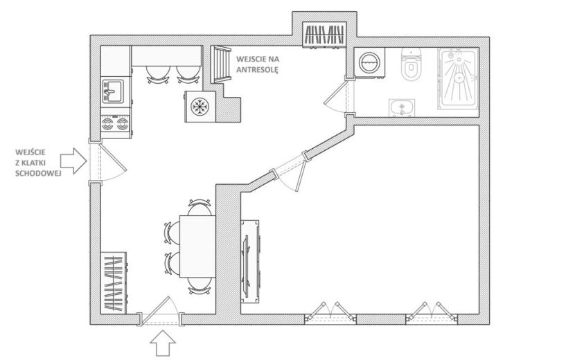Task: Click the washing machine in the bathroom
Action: point(370,63)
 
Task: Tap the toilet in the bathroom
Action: point(410,64)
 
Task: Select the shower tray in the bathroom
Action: point(458,78)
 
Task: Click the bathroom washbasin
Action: point(402,108)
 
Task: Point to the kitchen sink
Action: point(113,91)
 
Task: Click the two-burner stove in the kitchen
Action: point(115,123)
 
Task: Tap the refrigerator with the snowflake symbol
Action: point(200,107)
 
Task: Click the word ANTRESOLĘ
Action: point(257,69)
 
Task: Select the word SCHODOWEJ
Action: point(38,173)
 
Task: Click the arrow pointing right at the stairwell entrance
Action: point(73,161)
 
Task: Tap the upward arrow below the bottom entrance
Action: point(163,343)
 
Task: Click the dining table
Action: point(197,246)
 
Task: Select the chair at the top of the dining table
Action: point(200,208)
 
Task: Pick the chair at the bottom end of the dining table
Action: point(200,286)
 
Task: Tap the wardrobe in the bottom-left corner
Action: point(114,282)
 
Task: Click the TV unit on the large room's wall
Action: point(250,262)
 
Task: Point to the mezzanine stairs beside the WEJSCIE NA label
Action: point(220,64)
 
